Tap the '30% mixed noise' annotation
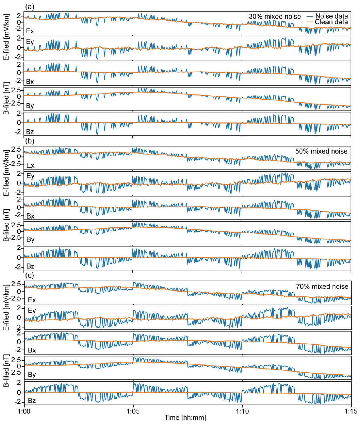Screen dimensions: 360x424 [275, 17]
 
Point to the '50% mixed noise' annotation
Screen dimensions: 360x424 [321, 151]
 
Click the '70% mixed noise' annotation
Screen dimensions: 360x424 [322, 286]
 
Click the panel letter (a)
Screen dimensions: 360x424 [30, 7]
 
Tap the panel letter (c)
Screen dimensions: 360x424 [30, 275]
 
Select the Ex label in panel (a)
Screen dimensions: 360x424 [30, 31]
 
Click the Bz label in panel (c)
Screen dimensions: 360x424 [32, 400]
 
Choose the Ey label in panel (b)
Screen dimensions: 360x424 [31, 176]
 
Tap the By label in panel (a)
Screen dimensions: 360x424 [30, 106]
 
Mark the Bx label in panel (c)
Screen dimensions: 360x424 [32, 350]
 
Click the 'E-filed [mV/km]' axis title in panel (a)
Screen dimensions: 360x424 [7, 37]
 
